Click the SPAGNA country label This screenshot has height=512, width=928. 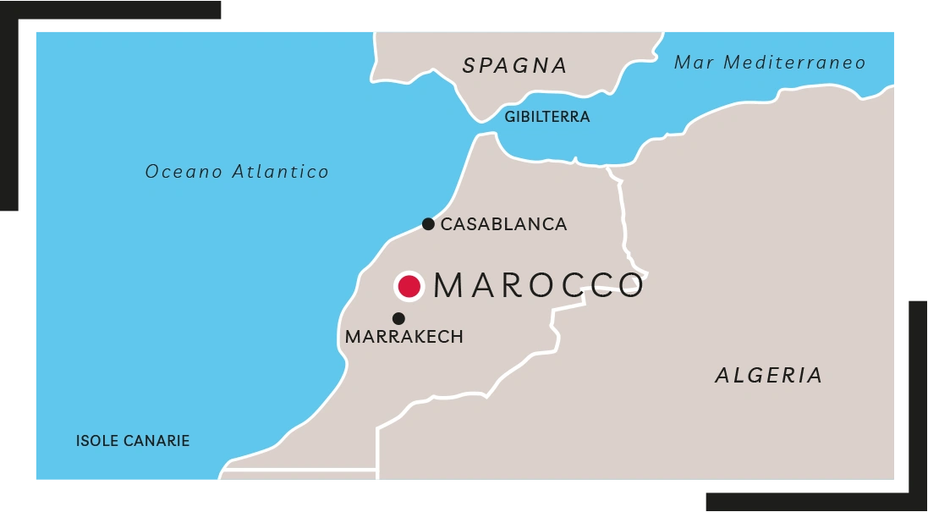[x=514, y=66]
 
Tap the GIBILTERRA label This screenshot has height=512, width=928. [x=546, y=118]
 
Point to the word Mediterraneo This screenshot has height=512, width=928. [x=795, y=63]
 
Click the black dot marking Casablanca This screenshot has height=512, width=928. [x=428, y=224]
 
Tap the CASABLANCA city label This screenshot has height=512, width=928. [x=503, y=224]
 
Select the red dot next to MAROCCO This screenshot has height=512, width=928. [x=409, y=286]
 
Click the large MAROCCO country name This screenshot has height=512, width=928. [x=539, y=286]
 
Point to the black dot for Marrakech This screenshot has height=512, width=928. [x=398, y=318]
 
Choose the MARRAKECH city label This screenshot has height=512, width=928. [x=404, y=337]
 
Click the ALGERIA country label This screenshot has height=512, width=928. [x=769, y=375]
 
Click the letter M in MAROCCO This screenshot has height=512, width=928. [x=450, y=286]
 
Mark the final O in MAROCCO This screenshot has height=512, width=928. [x=629, y=286]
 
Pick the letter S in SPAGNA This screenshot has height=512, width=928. [x=470, y=66]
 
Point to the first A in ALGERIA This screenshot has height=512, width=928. [x=724, y=375]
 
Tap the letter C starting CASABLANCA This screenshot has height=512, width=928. [x=448, y=224]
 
